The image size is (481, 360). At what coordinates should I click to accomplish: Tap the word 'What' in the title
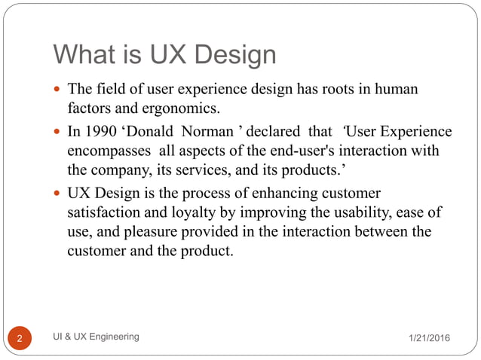[84, 54]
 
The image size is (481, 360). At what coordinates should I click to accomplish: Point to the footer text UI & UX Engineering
[97, 337]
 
